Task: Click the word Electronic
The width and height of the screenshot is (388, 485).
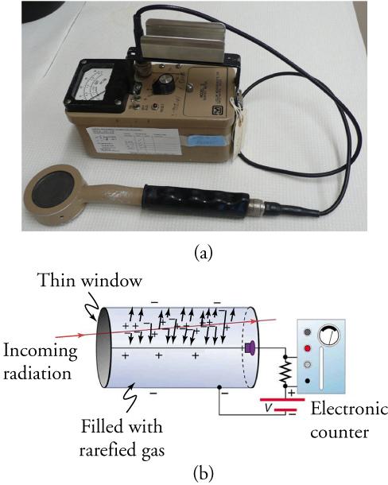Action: [x=348, y=410]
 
